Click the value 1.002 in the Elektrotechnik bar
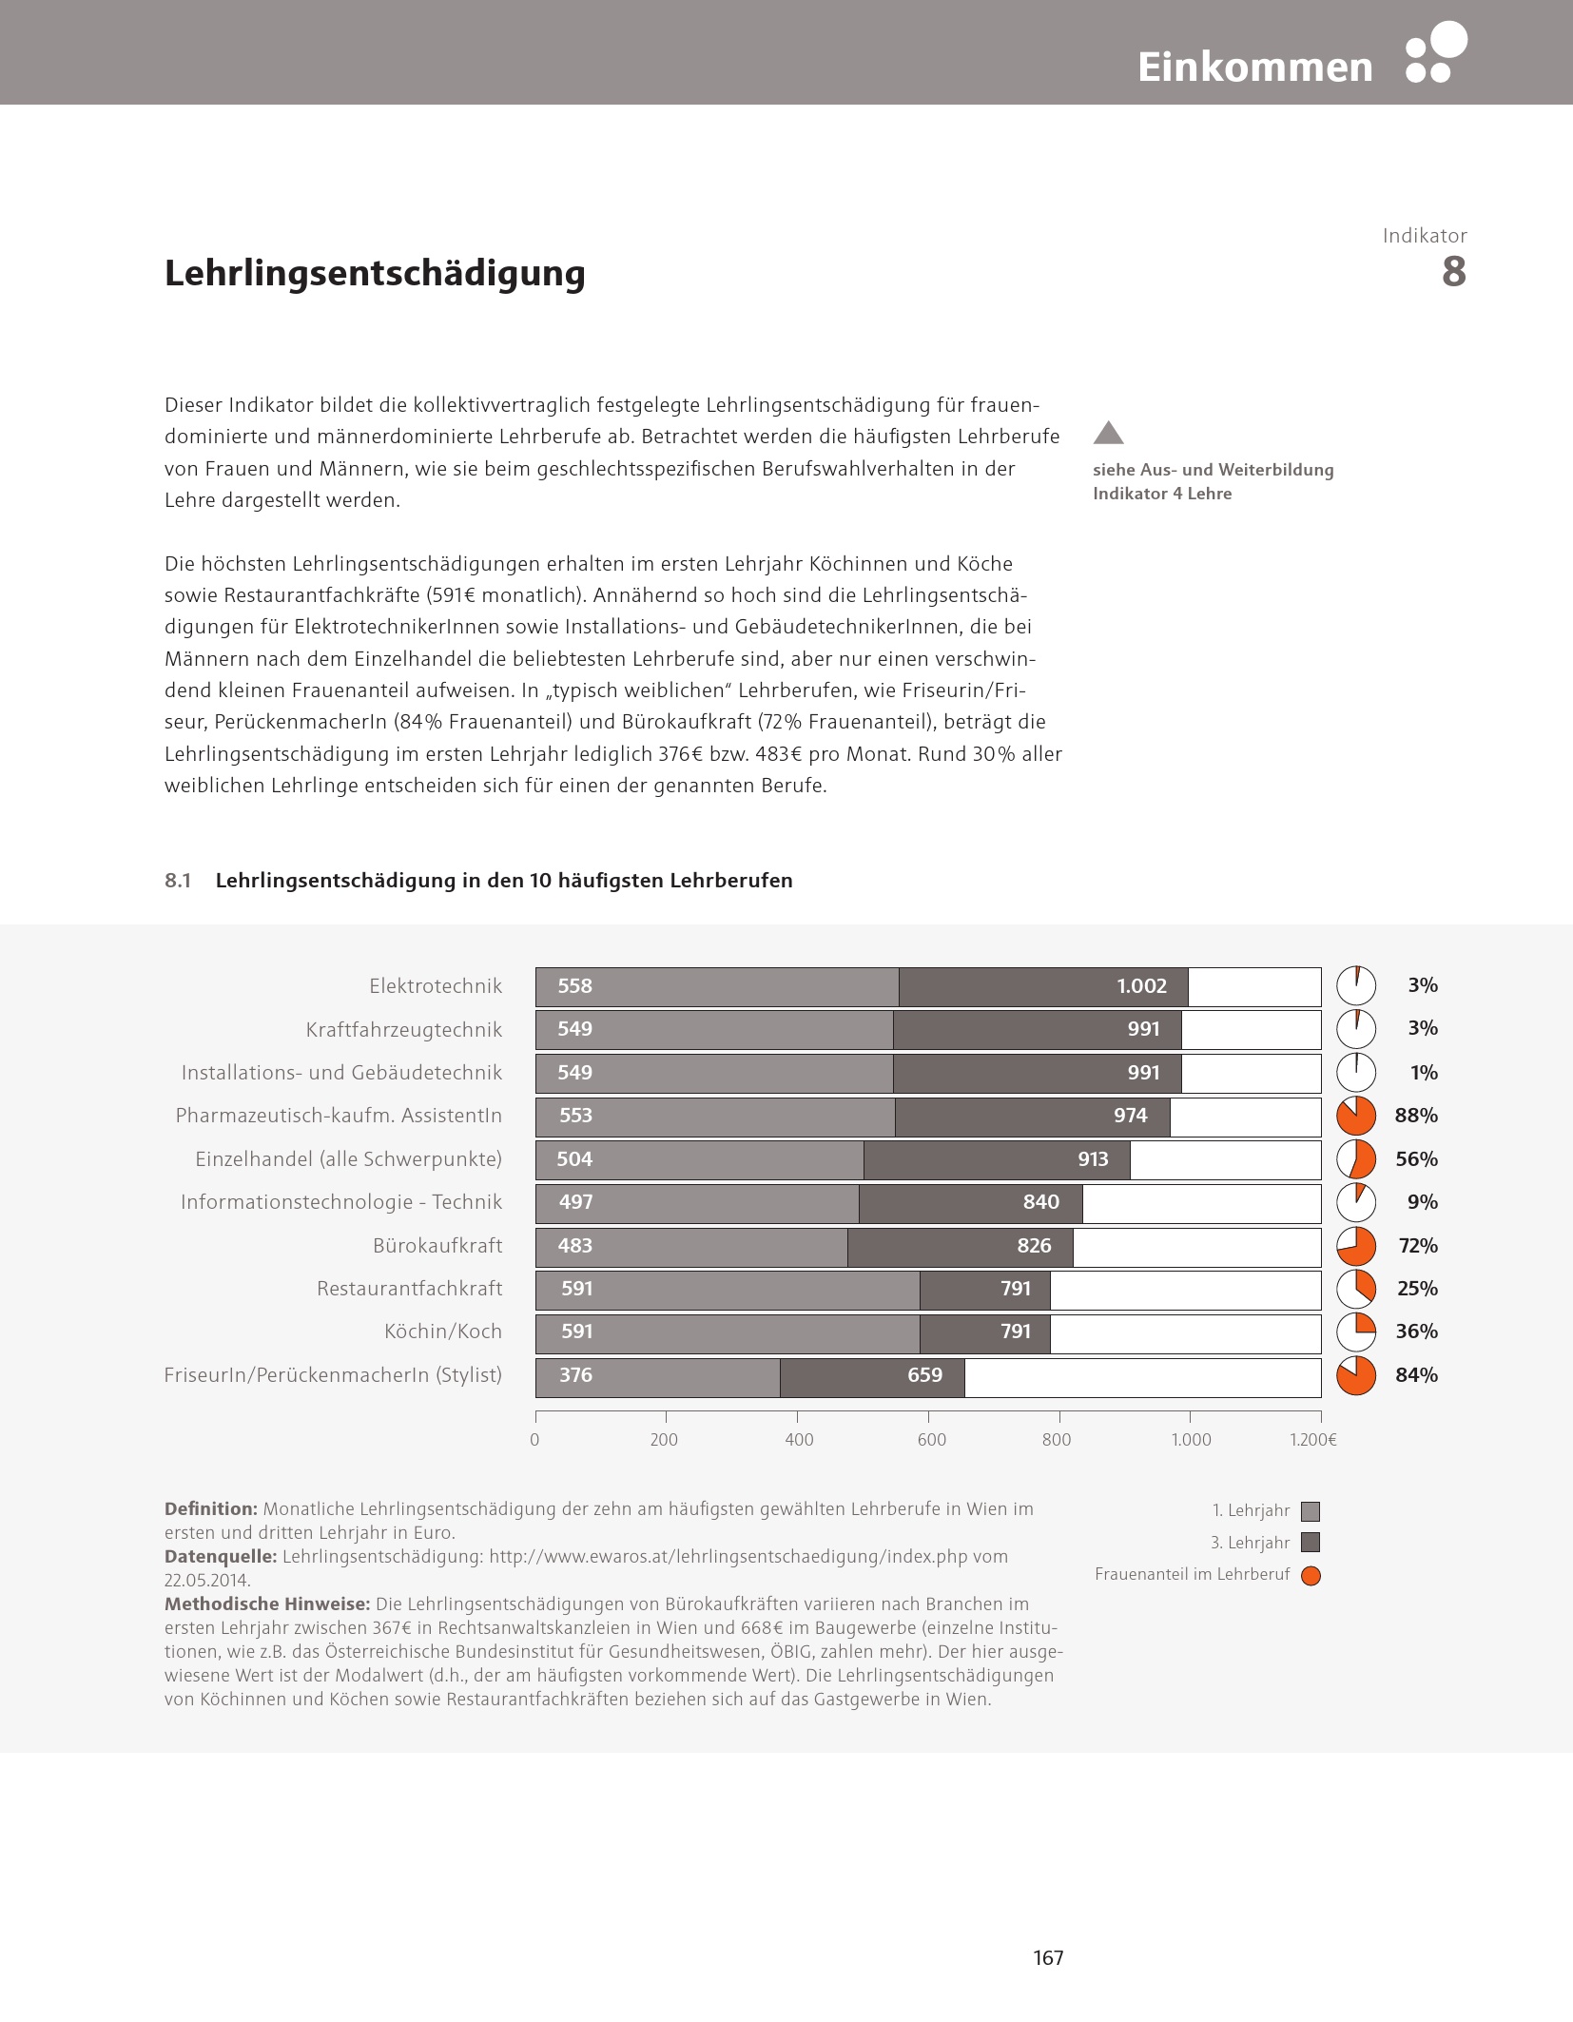[1141, 986]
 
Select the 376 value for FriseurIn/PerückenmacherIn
[575, 1375]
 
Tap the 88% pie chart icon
[1356, 1117]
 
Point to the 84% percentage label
[1416, 1375]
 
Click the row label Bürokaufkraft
[437, 1246]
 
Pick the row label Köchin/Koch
[443, 1332]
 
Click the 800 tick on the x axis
[1057, 1440]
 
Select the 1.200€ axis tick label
[1312, 1440]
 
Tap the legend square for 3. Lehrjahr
[1311, 1543]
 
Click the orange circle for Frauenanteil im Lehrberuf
[1311, 1576]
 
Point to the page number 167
[1048, 1957]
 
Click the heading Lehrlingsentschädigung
[375, 273]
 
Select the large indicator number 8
[1453, 272]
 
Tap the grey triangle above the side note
[1109, 434]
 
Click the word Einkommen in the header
[1254, 68]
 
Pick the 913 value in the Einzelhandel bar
[1093, 1159]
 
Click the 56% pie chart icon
[1356, 1159]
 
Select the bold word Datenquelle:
[220, 1557]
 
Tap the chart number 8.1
[178, 881]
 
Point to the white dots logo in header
[1436, 52]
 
